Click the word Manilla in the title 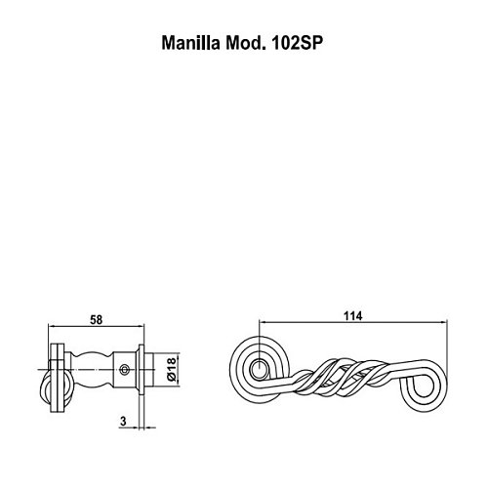tap(190, 43)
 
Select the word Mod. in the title tap(244, 43)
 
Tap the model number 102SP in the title tap(297, 43)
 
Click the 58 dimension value tap(96, 320)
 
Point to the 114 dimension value tap(352, 316)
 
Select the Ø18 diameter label tap(172, 369)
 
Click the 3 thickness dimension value tap(123, 422)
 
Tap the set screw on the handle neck tap(124, 369)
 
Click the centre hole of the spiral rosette tap(260, 369)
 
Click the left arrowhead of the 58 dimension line tap(52, 325)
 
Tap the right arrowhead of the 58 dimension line tap(141, 325)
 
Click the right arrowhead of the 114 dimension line tap(444, 322)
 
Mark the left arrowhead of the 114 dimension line tap(263, 322)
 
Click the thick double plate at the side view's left tap(58, 378)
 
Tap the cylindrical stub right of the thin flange tap(148, 369)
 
